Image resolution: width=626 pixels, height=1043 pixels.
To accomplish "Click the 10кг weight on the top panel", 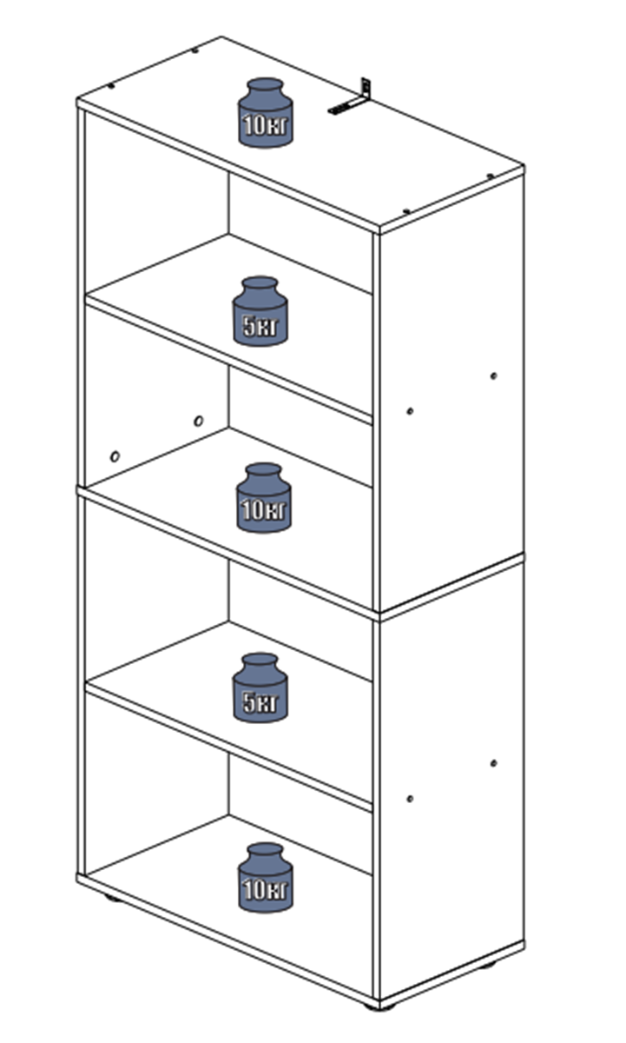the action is [265, 112].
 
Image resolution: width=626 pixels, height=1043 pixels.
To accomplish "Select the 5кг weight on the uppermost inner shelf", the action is [260, 311].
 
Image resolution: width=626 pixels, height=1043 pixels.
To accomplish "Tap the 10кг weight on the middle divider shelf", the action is [264, 497].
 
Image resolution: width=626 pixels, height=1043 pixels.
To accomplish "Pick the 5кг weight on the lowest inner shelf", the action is [260, 688].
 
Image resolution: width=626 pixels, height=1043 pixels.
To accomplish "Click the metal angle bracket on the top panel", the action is [351, 97].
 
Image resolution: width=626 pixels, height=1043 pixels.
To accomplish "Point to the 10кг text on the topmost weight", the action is [266, 125].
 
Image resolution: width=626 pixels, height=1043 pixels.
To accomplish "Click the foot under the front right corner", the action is [379, 1006].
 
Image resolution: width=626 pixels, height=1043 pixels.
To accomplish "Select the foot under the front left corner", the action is [112, 897].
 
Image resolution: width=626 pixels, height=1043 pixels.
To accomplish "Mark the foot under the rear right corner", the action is [486, 964].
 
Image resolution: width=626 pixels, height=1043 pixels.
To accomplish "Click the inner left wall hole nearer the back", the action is [199, 421].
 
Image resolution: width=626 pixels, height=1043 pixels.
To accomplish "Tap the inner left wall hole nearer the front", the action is [115, 456].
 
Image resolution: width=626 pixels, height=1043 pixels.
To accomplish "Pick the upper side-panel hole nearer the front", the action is [410, 411].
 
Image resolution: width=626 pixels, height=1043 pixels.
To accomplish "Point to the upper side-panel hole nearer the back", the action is [493, 375].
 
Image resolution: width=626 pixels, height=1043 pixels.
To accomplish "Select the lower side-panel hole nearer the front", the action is [410, 799].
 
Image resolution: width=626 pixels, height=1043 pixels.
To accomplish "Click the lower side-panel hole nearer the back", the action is [493, 763].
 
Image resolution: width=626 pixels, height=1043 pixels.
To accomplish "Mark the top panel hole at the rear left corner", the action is [195, 50].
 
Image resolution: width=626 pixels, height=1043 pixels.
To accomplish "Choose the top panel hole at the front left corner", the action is [110, 86].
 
